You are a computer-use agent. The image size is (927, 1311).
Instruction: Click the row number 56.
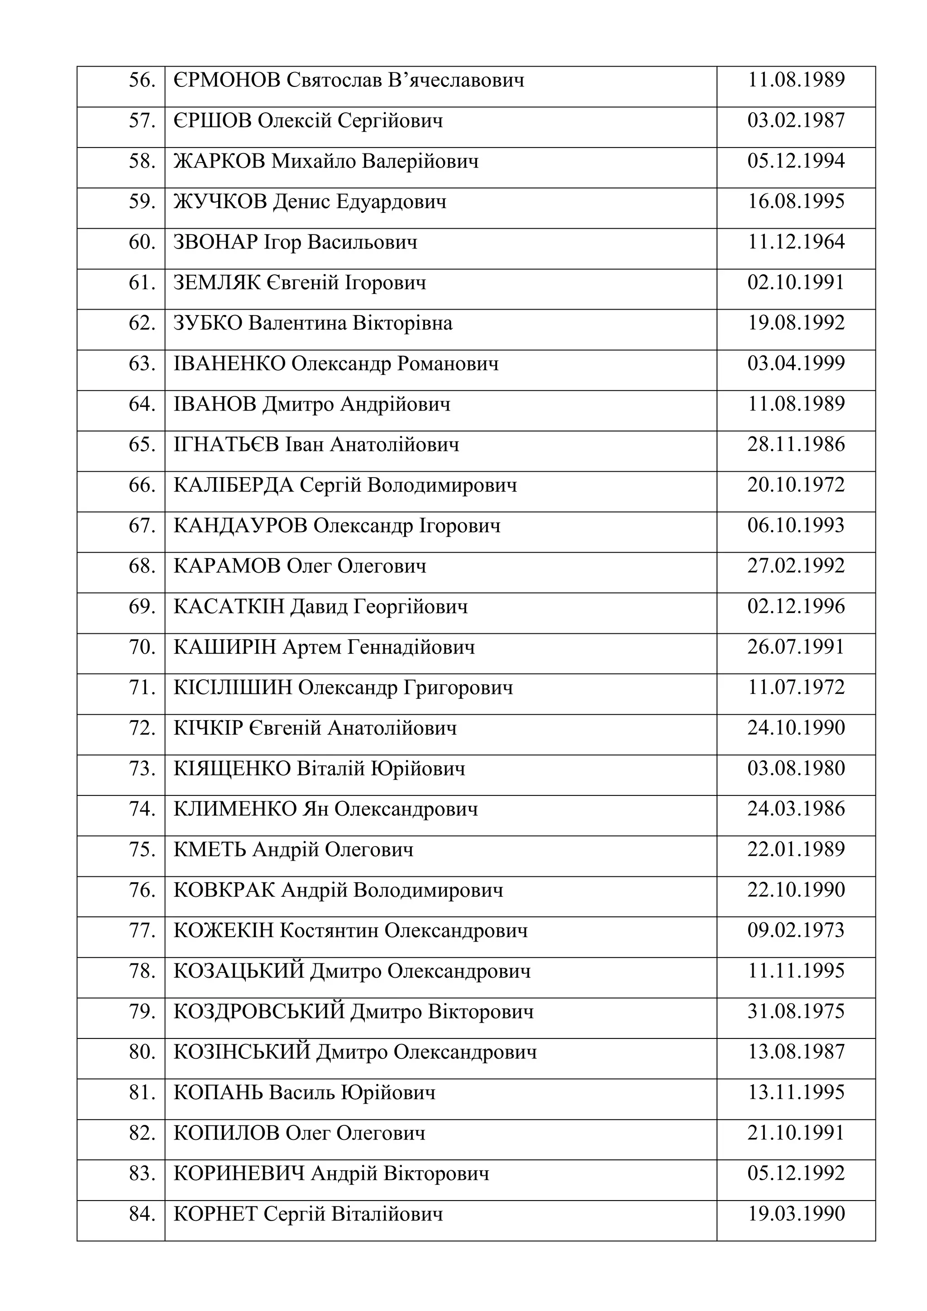pyautogui.click(x=142, y=80)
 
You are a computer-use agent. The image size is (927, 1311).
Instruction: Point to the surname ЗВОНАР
pyautogui.click(x=216, y=242)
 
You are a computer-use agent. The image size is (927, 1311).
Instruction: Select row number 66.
pyautogui.click(x=142, y=485)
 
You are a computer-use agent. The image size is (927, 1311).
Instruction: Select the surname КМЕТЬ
pyautogui.click(x=210, y=850)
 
